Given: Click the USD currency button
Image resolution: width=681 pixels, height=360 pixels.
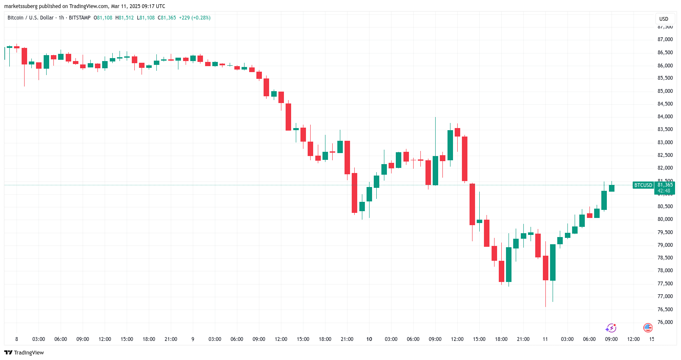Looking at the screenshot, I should click(x=664, y=19).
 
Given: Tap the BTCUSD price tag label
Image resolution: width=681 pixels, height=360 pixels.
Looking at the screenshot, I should click(x=643, y=185).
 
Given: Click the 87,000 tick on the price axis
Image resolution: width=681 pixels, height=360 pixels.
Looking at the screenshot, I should click(x=665, y=39).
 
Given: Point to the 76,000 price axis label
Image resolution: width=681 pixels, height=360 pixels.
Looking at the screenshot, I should click(x=665, y=322).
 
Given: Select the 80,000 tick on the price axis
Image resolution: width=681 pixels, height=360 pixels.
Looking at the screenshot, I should click(x=665, y=219).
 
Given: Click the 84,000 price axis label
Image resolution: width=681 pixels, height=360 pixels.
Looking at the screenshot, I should click(x=665, y=117).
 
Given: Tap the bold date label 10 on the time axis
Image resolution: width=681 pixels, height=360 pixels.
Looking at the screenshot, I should click(x=369, y=339).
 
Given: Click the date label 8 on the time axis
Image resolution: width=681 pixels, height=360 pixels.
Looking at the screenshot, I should click(x=17, y=339).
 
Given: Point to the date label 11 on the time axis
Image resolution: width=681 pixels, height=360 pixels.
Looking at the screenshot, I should click(x=545, y=339).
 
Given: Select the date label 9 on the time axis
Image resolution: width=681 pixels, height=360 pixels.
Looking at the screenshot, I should click(x=193, y=339).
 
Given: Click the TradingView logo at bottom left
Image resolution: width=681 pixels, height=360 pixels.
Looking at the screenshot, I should click(x=24, y=353).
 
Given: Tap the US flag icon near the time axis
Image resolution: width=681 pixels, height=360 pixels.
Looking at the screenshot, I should click(x=648, y=327).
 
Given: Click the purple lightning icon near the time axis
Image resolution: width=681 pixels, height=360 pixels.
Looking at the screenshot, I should click(x=611, y=328).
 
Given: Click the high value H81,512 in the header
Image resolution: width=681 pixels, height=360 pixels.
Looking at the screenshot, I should click(x=125, y=18).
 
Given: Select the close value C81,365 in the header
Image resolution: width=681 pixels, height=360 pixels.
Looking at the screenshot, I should click(x=167, y=18).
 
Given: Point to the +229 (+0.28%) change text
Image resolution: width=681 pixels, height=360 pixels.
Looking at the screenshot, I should click(x=195, y=18).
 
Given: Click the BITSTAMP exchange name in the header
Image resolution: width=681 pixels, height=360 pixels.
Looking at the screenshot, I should click(x=80, y=18).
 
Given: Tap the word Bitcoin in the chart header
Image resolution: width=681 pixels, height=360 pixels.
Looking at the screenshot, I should click(x=16, y=18).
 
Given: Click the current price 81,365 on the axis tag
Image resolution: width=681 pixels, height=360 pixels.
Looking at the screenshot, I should click(x=665, y=185).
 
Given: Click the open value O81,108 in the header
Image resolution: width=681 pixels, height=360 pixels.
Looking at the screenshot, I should click(x=103, y=18).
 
